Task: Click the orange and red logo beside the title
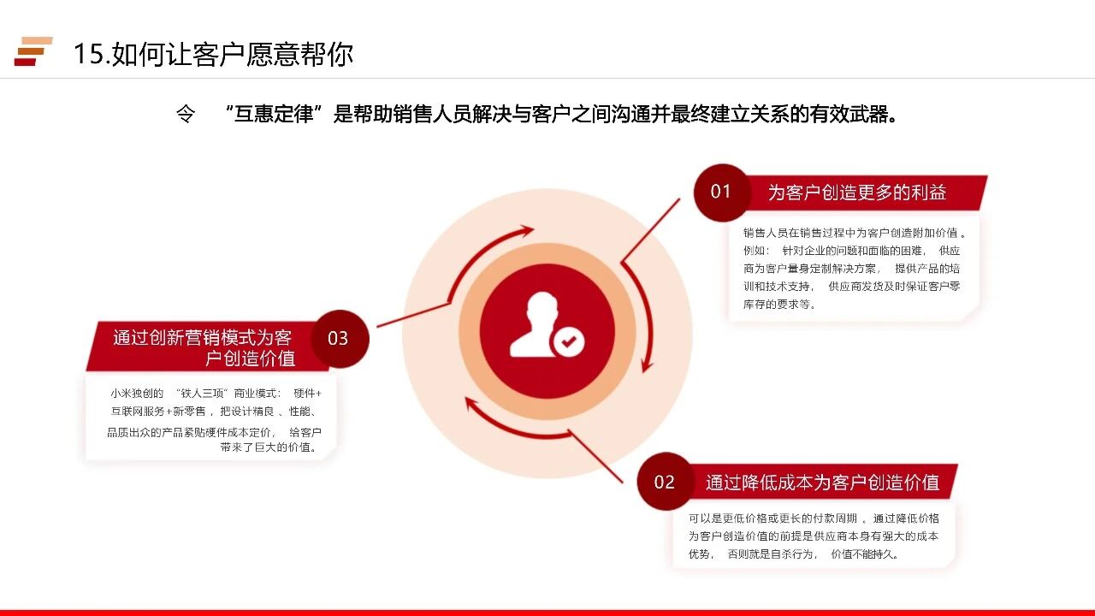(x=33, y=50)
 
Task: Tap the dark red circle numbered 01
(x=721, y=192)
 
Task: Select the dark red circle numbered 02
(x=665, y=482)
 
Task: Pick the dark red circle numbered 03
(x=340, y=338)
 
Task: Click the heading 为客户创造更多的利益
(x=857, y=192)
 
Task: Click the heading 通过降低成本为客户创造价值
(x=822, y=483)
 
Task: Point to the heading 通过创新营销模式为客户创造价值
(x=204, y=347)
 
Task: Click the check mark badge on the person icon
(x=567, y=341)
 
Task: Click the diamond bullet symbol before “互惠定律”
(x=186, y=115)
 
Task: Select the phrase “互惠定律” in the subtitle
(x=273, y=114)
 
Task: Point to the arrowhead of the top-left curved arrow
(x=527, y=231)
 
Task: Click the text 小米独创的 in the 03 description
(x=137, y=394)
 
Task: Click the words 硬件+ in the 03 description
(x=307, y=394)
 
